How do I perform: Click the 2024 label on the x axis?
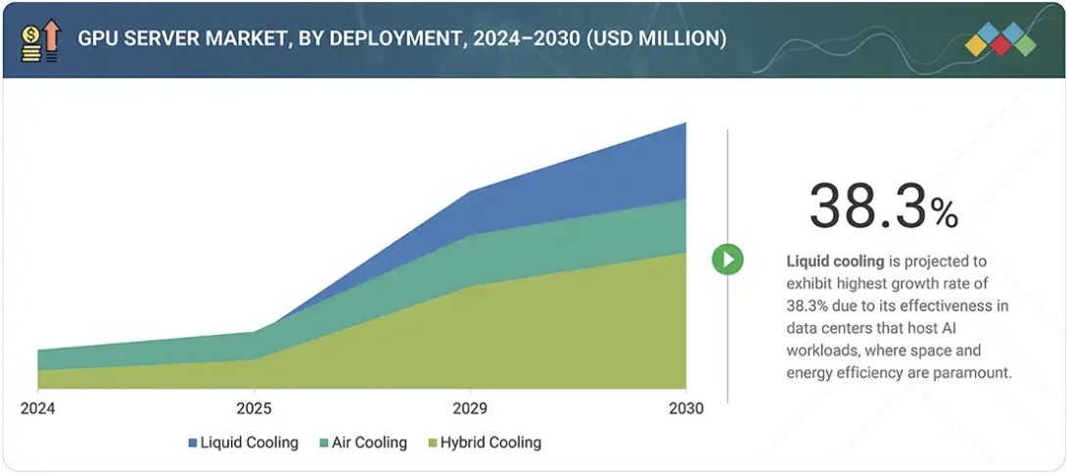coord(37,408)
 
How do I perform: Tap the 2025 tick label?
coord(254,408)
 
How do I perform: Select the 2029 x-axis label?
coord(471,408)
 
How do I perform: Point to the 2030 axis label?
coord(685,408)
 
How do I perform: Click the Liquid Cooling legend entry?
coord(249,443)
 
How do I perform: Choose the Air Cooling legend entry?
coord(368,443)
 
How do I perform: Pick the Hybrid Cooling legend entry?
coord(490,443)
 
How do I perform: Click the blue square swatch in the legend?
coord(193,444)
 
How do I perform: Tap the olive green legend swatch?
coord(434,444)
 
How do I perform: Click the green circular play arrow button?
coord(727,260)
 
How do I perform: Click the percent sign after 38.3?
coord(945,213)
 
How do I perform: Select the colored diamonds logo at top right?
coord(999,40)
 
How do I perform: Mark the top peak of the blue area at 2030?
coord(684,123)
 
